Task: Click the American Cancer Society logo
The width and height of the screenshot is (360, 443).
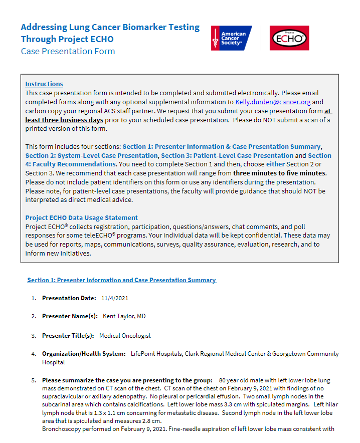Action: [x=231, y=38]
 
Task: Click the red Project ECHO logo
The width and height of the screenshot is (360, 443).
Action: [x=289, y=38]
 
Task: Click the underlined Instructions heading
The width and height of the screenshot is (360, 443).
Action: [x=44, y=84]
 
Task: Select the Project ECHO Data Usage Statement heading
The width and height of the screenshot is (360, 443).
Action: [x=81, y=217]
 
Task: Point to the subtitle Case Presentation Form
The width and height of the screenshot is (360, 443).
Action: [x=68, y=51]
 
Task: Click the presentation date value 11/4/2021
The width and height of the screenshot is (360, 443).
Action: [x=115, y=298]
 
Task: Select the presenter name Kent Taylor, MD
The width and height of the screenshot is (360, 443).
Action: [x=124, y=316]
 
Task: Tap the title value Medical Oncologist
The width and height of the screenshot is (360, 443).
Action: [x=125, y=335]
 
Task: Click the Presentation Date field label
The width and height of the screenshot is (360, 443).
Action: [x=69, y=298]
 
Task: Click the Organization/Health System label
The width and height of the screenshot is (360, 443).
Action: [x=83, y=354]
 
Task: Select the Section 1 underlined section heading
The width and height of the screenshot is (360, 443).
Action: [x=121, y=280]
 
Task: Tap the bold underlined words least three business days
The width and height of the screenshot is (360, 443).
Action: [x=64, y=120]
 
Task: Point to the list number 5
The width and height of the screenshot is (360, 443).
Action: [x=34, y=380]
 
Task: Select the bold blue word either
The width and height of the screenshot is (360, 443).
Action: [x=275, y=164]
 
